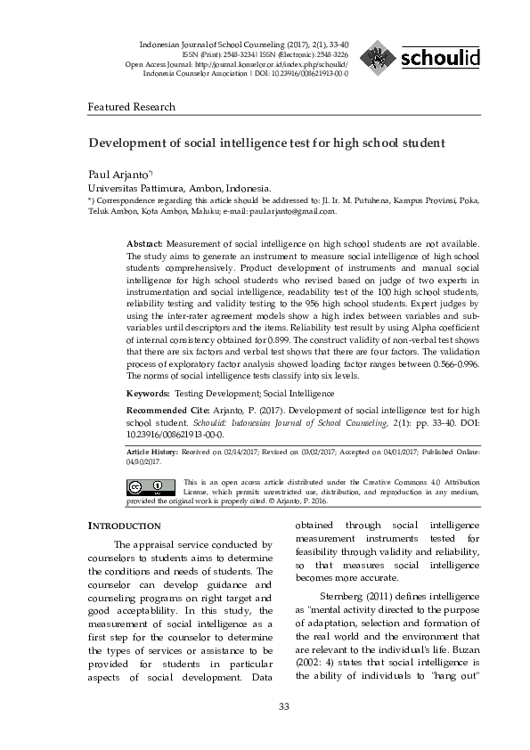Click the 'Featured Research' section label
click(x=131, y=107)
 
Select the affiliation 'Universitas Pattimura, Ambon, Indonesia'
click(x=178, y=189)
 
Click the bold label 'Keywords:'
click(x=148, y=393)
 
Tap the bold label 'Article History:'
click(x=152, y=452)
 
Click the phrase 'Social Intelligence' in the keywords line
click(x=298, y=393)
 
